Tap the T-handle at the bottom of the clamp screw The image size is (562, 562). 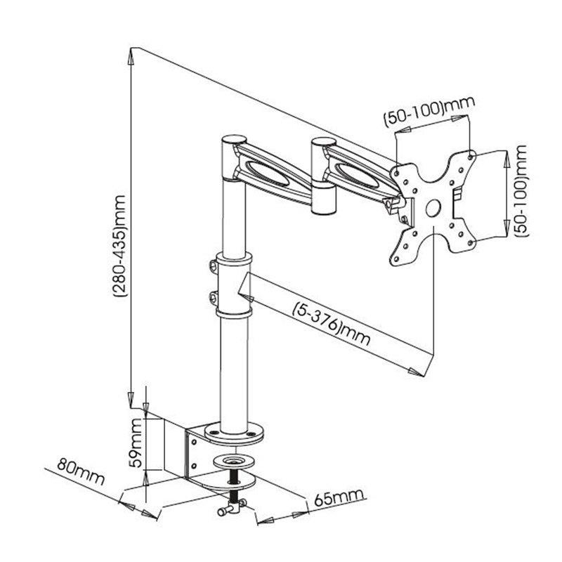(230, 511)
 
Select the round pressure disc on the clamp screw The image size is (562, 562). (233, 462)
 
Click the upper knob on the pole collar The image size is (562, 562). (212, 266)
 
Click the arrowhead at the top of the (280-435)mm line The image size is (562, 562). (131, 51)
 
